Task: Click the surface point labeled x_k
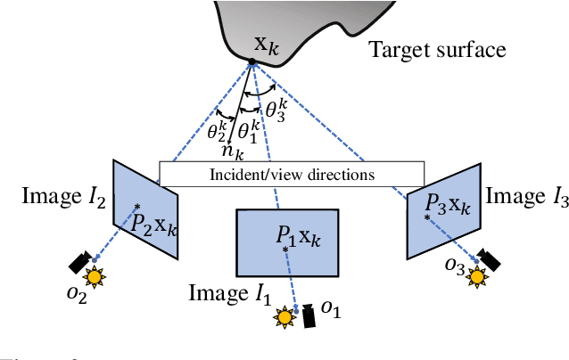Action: click(252, 61)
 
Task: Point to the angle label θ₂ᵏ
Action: click(219, 132)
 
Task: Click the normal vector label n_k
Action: click(233, 151)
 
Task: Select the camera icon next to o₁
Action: click(308, 316)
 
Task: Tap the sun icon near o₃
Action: click(478, 276)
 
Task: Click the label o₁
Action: click(331, 308)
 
